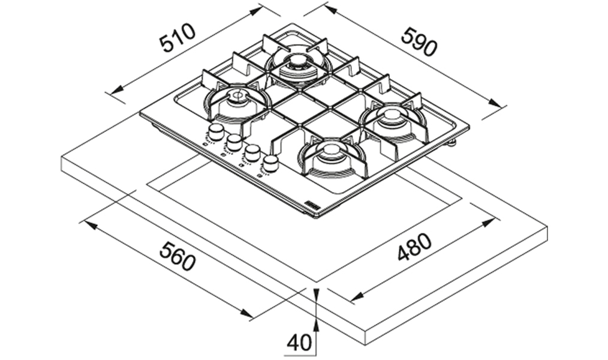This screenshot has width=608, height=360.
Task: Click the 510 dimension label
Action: [x=178, y=38]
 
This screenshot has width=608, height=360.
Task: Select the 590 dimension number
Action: [x=419, y=42]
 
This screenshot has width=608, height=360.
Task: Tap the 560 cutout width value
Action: [x=177, y=256]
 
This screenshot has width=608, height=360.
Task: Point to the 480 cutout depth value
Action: [x=414, y=247]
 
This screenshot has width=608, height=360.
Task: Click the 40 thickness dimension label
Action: [x=299, y=343]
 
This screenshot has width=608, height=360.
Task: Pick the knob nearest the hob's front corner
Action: [x=270, y=163]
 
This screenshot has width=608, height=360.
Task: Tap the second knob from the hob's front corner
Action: [x=252, y=152]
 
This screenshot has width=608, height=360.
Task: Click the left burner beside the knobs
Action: [x=236, y=101]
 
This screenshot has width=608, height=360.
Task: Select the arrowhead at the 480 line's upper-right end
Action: [x=489, y=223]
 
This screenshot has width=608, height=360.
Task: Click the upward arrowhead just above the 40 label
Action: [x=316, y=326]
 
